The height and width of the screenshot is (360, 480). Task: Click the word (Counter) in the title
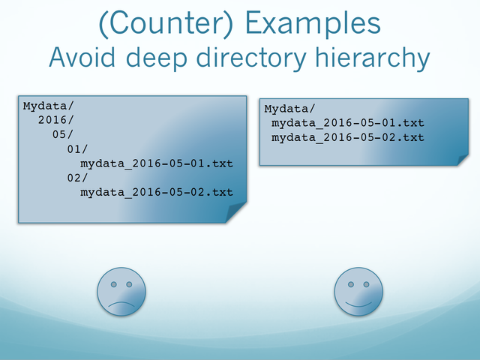click(x=166, y=24)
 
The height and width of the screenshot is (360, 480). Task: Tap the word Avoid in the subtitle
click(x=82, y=57)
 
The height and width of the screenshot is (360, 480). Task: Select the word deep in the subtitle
click(x=157, y=58)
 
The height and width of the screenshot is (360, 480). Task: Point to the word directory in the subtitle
click(x=251, y=58)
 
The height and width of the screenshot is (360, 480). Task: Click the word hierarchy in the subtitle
click(x=373, y=58)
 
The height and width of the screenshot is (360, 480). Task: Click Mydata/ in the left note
click(x=48, y=106)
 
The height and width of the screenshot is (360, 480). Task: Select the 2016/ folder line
click(x=55, y=120)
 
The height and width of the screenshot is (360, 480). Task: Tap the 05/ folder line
click(x=63, y=134)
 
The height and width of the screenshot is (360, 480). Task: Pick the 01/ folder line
click(x=77, y=149)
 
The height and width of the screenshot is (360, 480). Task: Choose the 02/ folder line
click(x=77, y=178)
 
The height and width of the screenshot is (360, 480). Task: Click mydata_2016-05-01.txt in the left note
click(x=157, y=163)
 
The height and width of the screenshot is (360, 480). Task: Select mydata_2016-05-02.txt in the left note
click(x=157, y=192)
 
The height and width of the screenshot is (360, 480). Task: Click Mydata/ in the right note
click(x=290, y=109)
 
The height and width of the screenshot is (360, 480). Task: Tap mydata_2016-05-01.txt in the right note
click(x=348, y=123)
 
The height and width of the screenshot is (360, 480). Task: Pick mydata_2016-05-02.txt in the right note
click(x=348, y=137)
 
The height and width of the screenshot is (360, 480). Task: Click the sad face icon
click(x=121, y=292)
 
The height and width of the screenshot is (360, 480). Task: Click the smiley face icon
click(x=358, y=292)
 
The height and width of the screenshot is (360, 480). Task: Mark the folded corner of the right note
click(x=463, y=160)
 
